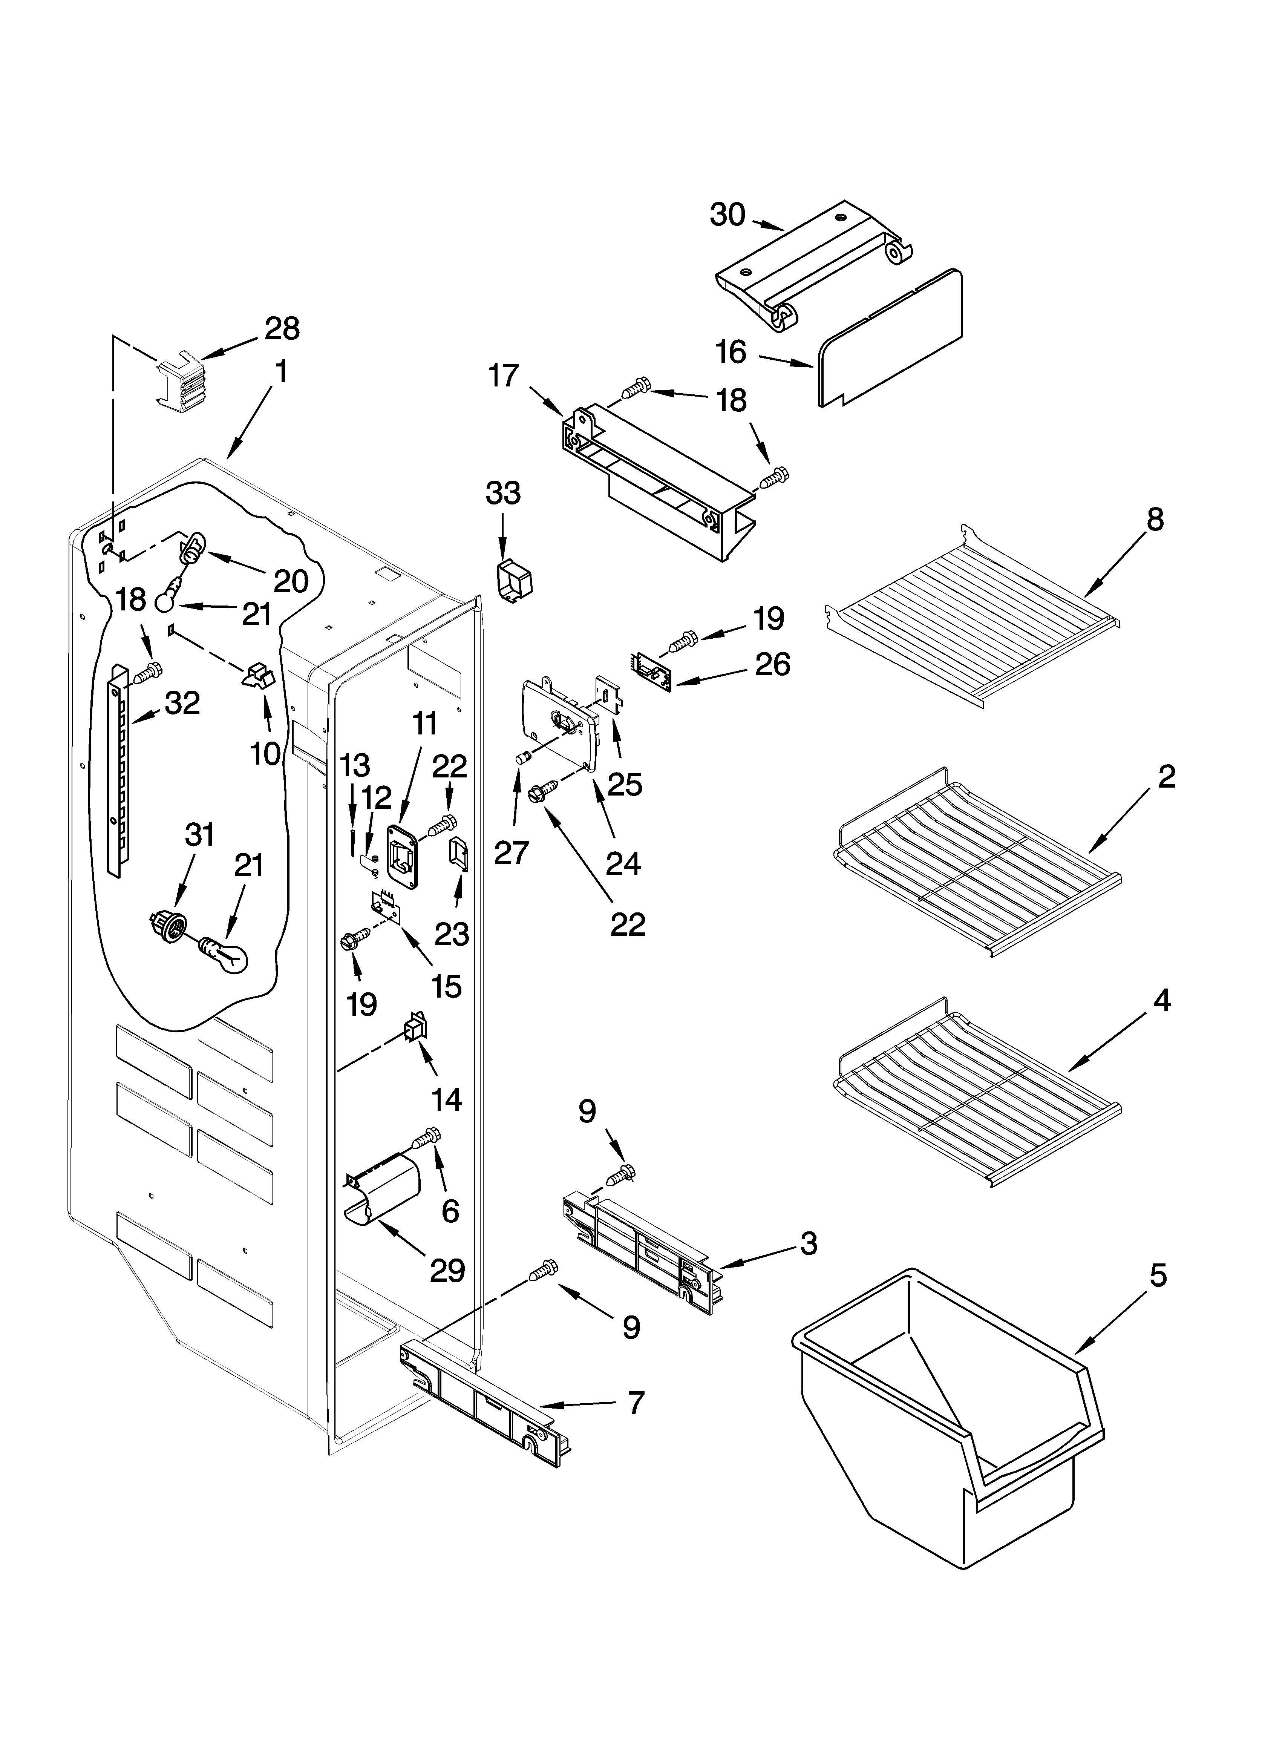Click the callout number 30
tap(727, 215)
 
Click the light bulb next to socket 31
tap(227, 956)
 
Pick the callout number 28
tap(282, 329)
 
